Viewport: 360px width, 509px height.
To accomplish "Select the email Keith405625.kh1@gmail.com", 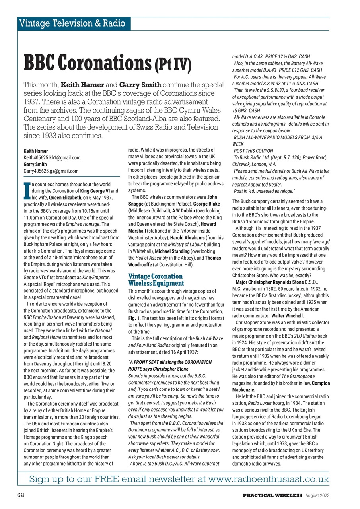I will pos(52,158).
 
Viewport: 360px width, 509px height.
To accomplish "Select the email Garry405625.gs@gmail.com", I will pos(51,171).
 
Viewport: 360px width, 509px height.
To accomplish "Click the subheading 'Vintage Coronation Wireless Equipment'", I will pos(156,280).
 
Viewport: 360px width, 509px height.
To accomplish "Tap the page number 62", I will pos(21,495).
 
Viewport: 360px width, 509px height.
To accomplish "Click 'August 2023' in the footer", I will pos(317,495).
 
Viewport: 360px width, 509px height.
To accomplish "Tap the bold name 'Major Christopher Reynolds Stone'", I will pos(272,282).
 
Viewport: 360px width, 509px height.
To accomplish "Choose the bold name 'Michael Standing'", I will pos(173,252).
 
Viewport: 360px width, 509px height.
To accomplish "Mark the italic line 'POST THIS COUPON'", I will pos(253,151).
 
